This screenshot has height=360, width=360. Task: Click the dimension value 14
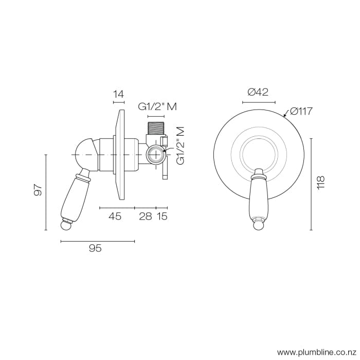tap(119, 94)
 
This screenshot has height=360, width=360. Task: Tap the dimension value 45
tap(115, 217)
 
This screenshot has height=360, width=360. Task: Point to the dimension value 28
tap(146, 217)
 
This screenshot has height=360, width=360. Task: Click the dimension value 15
tap(162, 217)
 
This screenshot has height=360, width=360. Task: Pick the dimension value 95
tap(95, 248)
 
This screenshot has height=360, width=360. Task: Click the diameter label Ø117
tap(302, 111)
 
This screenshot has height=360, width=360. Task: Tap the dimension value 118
tap(321, 182)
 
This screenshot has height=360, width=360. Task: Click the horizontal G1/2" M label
tap(157, 107)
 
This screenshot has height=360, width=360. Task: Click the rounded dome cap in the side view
tap(83, 152)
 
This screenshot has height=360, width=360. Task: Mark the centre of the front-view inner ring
tap(258, 154)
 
